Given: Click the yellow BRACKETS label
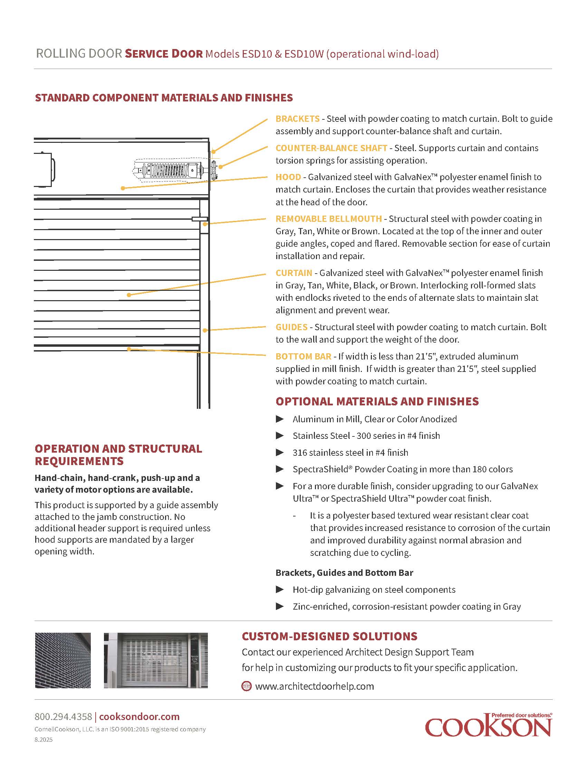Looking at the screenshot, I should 297,119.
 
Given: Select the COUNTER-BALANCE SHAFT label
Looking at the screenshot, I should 331,148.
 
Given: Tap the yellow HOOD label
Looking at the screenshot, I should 288,177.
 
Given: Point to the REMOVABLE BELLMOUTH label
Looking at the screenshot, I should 328,219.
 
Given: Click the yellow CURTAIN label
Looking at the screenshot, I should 293,273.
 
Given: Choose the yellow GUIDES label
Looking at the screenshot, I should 291,327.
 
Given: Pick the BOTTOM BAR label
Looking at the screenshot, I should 303,357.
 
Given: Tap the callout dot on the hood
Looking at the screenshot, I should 123,188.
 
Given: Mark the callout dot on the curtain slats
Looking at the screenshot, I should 129,295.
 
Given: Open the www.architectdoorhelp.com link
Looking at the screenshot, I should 314,686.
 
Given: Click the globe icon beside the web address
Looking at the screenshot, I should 246,686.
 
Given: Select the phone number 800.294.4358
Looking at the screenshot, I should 63,717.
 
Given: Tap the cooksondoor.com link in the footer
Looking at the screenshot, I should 139,717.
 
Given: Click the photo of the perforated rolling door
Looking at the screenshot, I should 155,660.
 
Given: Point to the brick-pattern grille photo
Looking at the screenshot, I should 63,660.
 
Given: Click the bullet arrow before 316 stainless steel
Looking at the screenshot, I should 280,453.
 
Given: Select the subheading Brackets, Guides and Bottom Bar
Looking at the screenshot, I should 344,573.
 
